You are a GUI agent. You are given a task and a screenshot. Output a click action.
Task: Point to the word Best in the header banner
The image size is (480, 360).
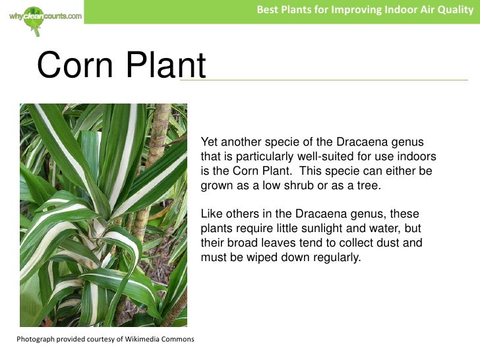(x=267, y=10)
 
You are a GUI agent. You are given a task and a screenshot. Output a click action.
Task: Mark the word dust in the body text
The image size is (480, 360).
(x=388, y=243)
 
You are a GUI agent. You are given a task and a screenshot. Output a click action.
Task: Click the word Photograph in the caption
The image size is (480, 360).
(x=37, y=339)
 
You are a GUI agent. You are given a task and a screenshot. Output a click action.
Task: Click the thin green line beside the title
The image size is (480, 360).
(x=336, y=80)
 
